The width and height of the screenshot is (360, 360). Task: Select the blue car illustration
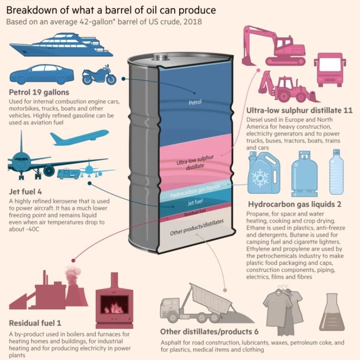pos(42,74)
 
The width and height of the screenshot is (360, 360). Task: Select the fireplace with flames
pos(114,300)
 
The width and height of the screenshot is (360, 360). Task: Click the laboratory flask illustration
pos(332,312)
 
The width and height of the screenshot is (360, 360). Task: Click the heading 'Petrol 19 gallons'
pos(39,92)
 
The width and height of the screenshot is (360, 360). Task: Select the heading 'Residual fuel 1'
pos(35,323)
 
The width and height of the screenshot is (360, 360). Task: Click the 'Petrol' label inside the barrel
pos(195,102)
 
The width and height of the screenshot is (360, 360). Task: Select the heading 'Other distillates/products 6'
pos(209,332)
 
